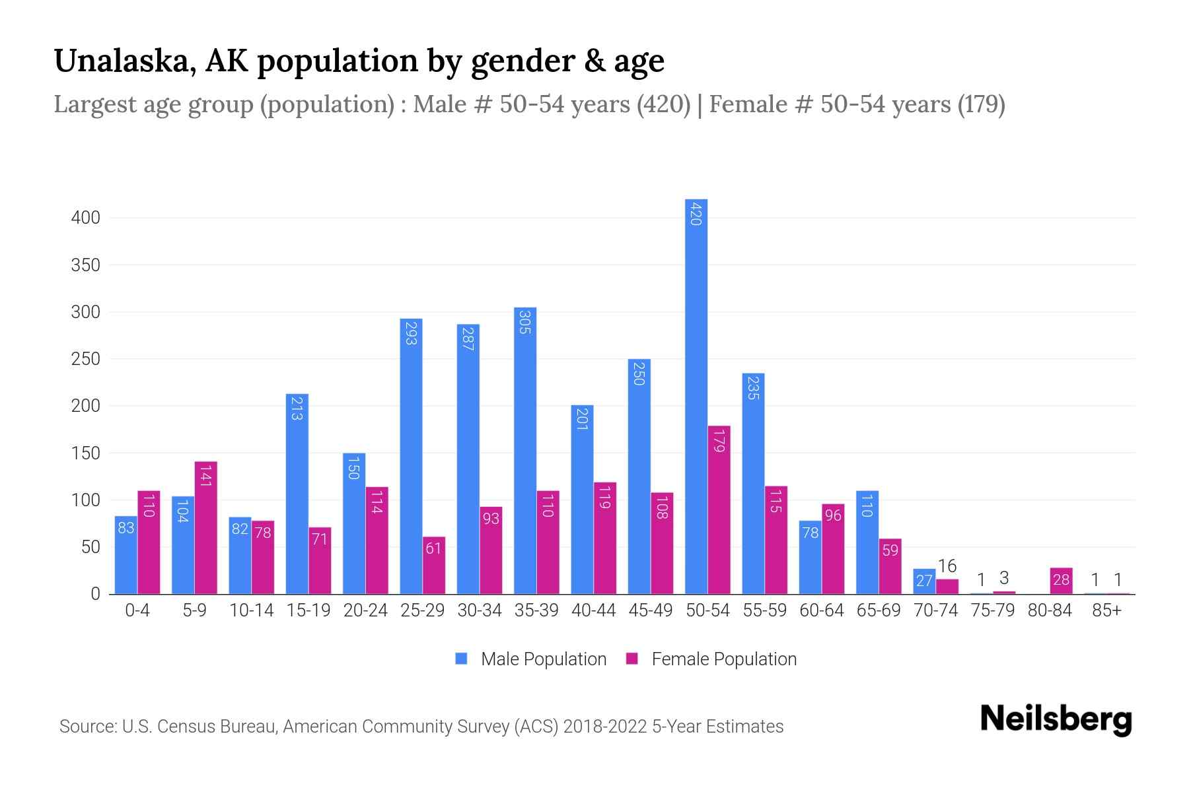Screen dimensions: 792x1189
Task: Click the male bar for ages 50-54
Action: (x=696, y=396)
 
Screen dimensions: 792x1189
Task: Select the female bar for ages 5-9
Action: (x=205, y=528)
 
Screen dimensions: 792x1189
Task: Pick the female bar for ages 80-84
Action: (x=1061, y=581)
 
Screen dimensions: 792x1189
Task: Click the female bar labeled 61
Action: (x=433, y=565)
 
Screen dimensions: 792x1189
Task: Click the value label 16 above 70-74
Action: (x=947, y=566)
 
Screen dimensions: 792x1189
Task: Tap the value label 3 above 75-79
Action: (x=1004, y=578)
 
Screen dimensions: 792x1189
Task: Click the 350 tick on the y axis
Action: (x=85, y=265)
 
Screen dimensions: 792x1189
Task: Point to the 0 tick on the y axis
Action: (x=95, y=594)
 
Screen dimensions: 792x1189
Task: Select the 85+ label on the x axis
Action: (x=1106, y=610)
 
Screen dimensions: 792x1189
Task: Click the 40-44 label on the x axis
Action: (x=593, y=610)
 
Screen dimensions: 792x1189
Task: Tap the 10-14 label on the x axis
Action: (x=251, y=610)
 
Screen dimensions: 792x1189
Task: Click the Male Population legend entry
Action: (x=543, y=659)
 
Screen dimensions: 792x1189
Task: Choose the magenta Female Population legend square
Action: (x=632, y=659)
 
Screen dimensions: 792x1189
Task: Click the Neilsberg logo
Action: (x=1056, y=719)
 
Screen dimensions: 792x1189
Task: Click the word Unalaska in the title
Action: (x=124, y=61)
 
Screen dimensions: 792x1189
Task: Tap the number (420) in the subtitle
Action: (x=663, y=104)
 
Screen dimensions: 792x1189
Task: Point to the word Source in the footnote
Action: (x=87, y=727)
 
